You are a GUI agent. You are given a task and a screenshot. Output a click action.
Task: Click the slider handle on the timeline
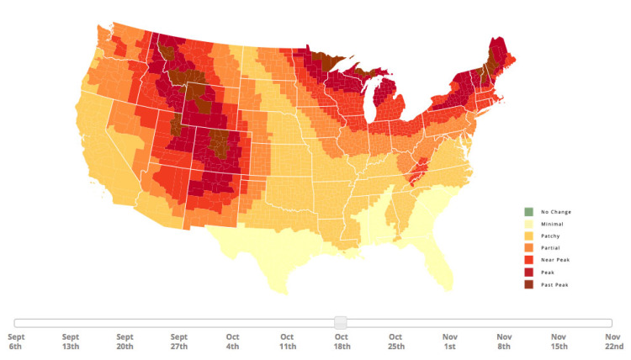point(341,322)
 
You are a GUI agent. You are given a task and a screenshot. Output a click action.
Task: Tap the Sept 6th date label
point(17,341)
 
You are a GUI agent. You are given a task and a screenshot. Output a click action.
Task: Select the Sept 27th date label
point(178,341)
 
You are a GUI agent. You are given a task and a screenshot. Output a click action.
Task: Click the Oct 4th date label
point(233,341)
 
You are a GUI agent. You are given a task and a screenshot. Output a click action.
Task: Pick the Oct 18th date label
point(341,341)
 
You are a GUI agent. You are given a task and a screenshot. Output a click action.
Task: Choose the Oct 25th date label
point(395,341)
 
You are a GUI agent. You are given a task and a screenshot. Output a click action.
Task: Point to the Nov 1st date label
point(450,341)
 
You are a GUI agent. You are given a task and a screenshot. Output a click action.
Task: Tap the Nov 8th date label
point(504,341)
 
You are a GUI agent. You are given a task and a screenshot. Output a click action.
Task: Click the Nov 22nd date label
point(613,341)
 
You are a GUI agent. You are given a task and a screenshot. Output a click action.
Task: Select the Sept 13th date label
point(71,341)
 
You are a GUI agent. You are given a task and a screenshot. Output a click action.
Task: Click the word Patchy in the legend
point(549,236)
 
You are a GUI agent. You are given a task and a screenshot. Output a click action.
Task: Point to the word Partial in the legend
point(550,249)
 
